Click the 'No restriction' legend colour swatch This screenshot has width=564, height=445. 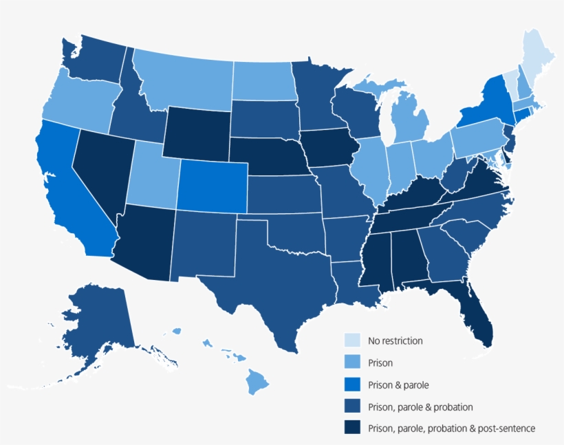click(x=352, y=340)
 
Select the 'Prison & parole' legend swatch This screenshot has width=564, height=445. click(x=352, y=384)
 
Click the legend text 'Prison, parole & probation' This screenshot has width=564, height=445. click(x=420, y=407)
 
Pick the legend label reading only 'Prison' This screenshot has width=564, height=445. click(x=380, y=362)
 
